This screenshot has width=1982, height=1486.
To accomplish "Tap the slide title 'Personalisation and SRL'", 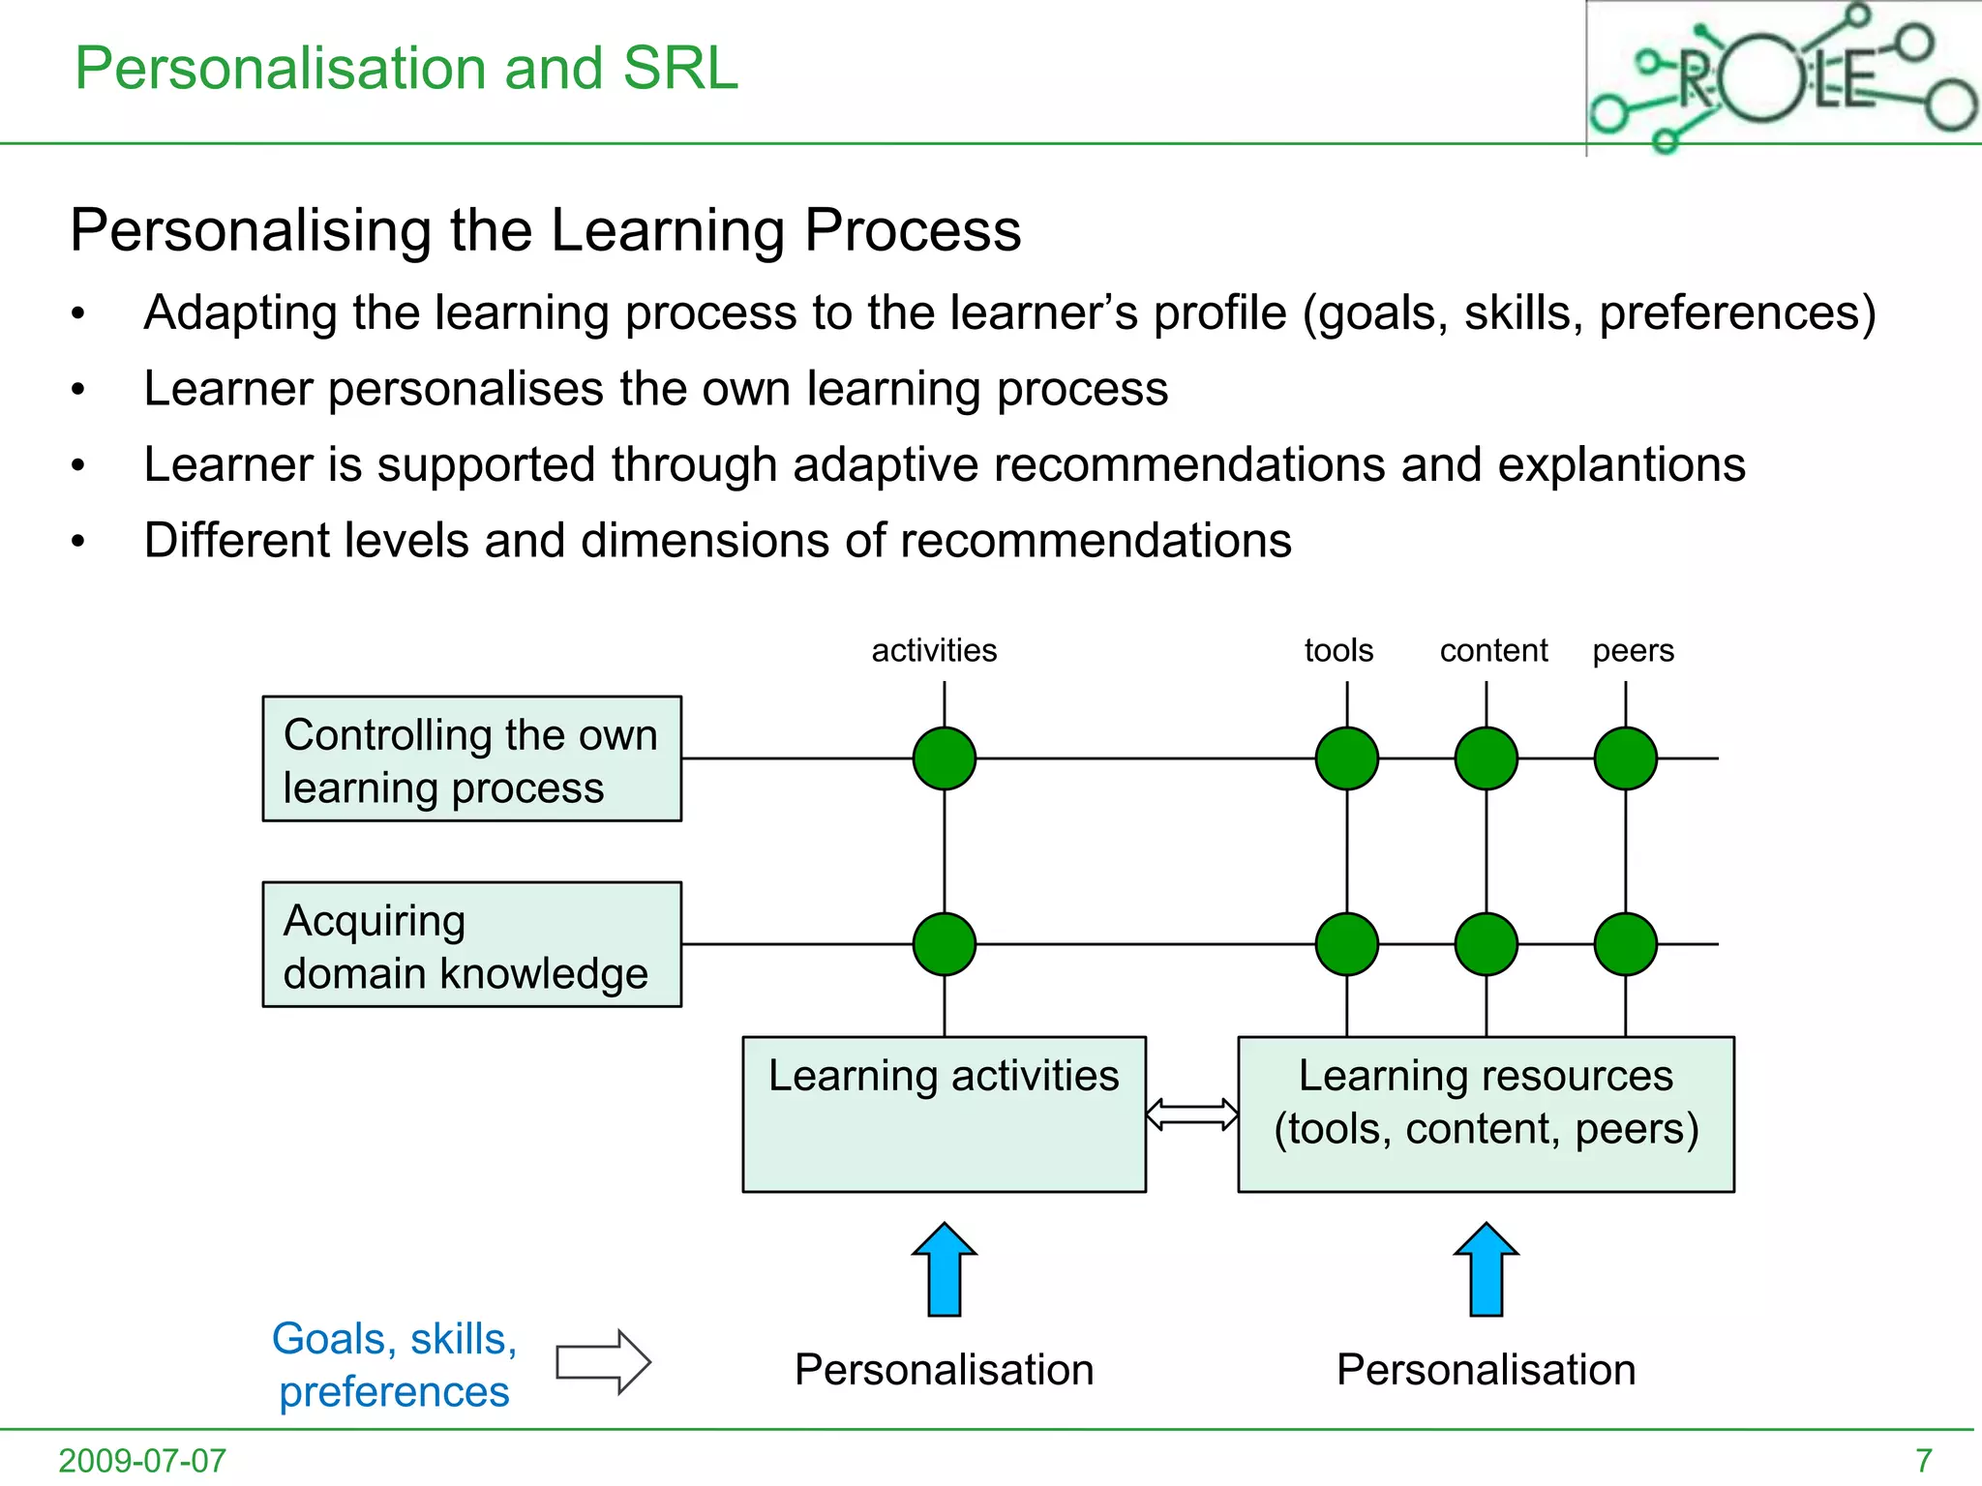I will [x=406, y=69].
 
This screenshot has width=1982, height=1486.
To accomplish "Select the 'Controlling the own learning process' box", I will [x=472, y=759].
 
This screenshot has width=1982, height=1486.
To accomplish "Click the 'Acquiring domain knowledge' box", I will [x=472, y=945].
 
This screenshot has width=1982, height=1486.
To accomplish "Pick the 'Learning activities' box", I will [x=944, y=1114].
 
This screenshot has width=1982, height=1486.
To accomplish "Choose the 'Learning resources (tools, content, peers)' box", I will [x=1486, y=1114].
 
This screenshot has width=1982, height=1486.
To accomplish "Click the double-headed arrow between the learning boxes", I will [x=1191, y=1114].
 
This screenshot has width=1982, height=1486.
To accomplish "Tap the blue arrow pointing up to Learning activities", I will [x=945, y=1269].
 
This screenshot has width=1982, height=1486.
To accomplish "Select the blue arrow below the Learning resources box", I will [x=1486, y=1269].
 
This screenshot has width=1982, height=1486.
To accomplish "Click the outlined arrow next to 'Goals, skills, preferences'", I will [x=603, y=1362].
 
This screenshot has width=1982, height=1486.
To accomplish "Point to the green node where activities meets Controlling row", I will [x=945, y=758].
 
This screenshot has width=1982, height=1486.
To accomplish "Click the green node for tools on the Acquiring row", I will [x=1347, y=944].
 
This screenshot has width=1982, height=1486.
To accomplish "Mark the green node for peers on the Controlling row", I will [x=1626, y=758].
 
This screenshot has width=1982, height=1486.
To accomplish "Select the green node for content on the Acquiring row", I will [x=1486, y=944].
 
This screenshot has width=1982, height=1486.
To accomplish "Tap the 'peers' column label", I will [x=1633, y=651].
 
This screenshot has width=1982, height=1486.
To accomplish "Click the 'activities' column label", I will [x=934, y=651].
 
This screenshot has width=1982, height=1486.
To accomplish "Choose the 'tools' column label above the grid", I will [x=1338, y=651].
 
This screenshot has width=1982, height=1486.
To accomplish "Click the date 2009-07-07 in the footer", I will [x=142, y=1460].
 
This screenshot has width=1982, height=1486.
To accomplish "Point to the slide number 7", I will [x=1924, y=1460].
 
